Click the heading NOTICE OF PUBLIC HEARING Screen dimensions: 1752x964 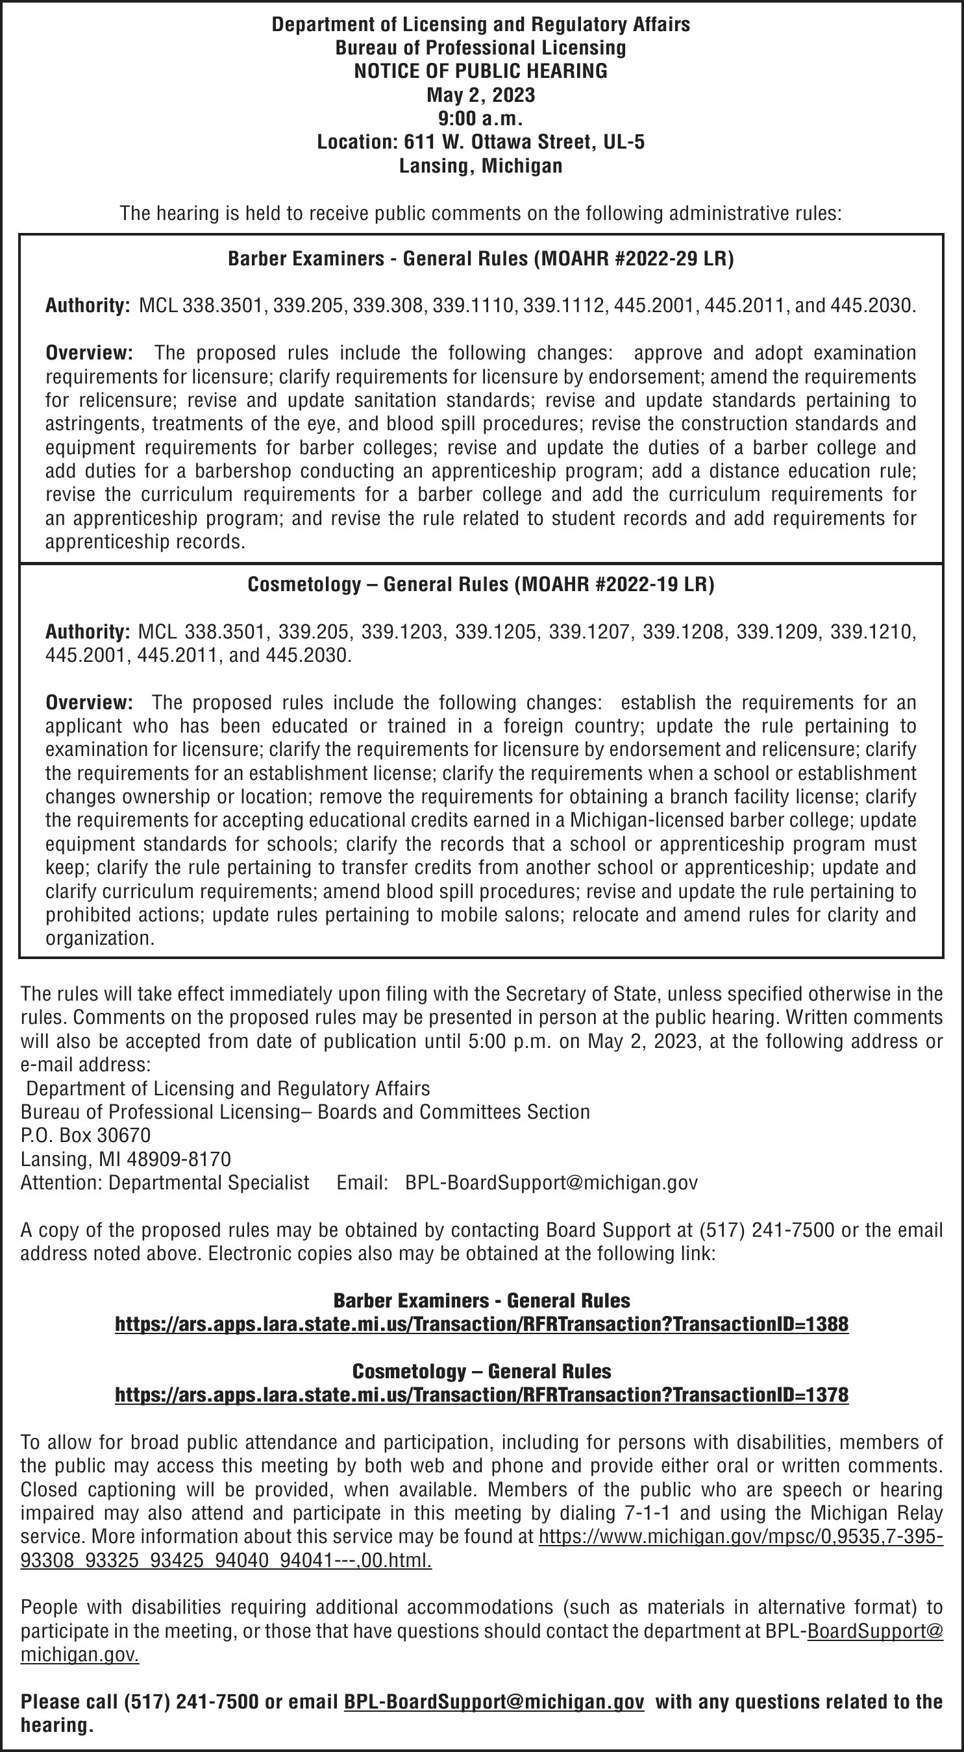480,71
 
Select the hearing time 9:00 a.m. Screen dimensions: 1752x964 480,118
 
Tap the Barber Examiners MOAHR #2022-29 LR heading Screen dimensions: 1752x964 480,258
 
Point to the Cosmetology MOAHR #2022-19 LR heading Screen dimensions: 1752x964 480,584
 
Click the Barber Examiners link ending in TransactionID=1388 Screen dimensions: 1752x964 482,1324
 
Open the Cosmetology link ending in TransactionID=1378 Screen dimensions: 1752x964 482,1395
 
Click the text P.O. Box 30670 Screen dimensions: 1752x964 86,1135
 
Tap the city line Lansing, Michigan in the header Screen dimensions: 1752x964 480,166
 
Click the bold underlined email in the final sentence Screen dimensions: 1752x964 494,1701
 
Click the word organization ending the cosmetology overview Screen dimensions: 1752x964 99,938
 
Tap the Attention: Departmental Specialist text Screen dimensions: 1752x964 165,1183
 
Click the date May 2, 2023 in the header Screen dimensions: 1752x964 480,95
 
